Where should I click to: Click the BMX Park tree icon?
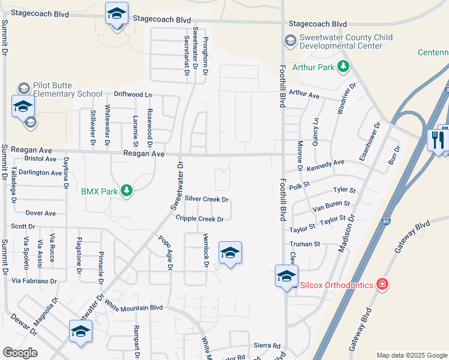point(126,191)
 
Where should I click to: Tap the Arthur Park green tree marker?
point(343,67)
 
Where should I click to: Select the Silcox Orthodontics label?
point(333,284)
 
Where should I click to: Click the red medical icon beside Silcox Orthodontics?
point(382,284)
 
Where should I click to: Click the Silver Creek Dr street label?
point(207,199)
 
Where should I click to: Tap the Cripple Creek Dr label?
point(199,219)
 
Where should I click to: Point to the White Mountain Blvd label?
point(133,307)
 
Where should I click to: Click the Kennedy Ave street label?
point(326,163)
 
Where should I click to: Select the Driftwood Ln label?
point(133,95)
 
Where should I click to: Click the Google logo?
point(20,353)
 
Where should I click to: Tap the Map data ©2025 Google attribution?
point(411,355)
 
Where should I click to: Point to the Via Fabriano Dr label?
point(34,281)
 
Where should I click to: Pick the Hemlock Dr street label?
point(206,246)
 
